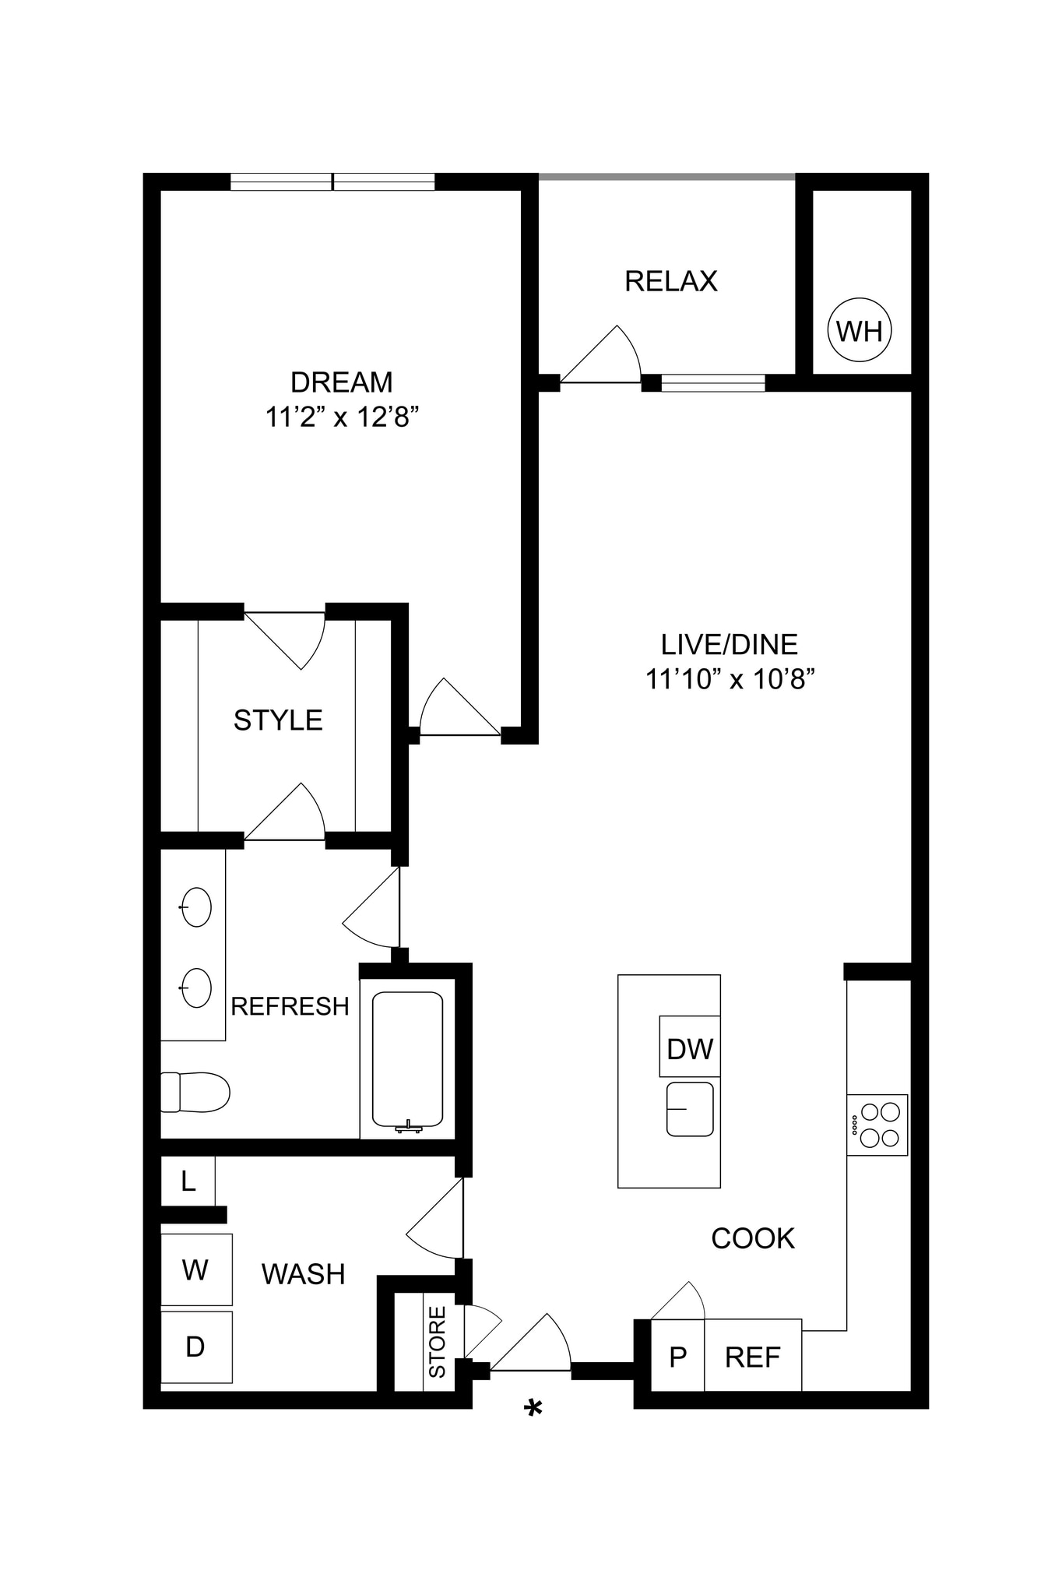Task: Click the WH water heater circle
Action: pyautogui.click(x=859, y=330)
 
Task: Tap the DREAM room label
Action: pyautogui.click(x=341, y=382)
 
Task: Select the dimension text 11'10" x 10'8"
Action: pyautogui.click(x=730, y=679)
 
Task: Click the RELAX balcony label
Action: pyautogui.click(x=670, y=280)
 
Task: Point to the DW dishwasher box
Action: pyautogui.click(x=690, y=1047)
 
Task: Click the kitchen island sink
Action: pyautogui.click(x=690, y=1109)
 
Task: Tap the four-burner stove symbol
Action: pyautogui.click(x=877, y=1125)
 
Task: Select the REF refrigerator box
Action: pyautogui.click(x=752, y=1357)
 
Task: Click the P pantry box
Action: pyautogui.click(x=677, y=1357)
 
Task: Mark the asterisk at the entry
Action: pyautogui.click(x=533, y=1409)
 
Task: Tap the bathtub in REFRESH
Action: pyautogui.click(x=407, y=1060)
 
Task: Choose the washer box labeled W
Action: pyautogui.click(x=196, y=1269)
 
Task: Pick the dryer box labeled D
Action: pyautogui.click(x=196, y=1347)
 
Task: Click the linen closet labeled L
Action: pyautogui.click(x=188, y=1181)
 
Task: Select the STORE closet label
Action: pyautogui.click(x=437, y=1341)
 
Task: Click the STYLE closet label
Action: pyautogui.click(x=278, y=720)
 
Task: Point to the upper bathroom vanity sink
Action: pyautogui.click(x=196, y=907)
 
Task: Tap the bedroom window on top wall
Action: pyautogui.click(x=332, y=182)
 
